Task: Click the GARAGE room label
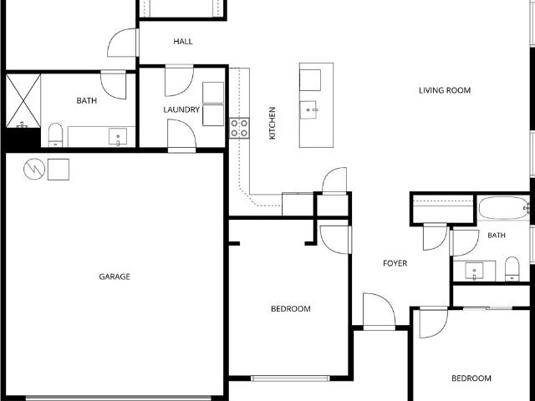click(115, 277)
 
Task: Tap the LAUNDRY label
click(181, 109)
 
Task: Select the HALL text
click(183, 42)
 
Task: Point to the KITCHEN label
click(273, 123)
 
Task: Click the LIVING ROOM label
click(445, 90)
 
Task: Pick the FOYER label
click(395, 263)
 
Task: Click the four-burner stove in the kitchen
click(239, 128)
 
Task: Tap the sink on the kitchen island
click(308, 109)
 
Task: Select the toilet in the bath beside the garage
click(55, 135)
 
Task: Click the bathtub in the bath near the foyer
click(504, 208)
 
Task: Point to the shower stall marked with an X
click(23, 101)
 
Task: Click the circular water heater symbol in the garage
click(34, 169)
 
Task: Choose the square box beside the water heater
click(59, 170)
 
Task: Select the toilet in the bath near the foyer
click(512, 269)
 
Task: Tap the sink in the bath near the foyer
click(474, 271)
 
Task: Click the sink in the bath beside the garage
click(118, 137)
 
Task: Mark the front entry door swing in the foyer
click(379, 311)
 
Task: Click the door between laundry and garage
click(181, 135)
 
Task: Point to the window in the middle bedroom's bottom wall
click(290, 378)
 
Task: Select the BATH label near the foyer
click(497, 236)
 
